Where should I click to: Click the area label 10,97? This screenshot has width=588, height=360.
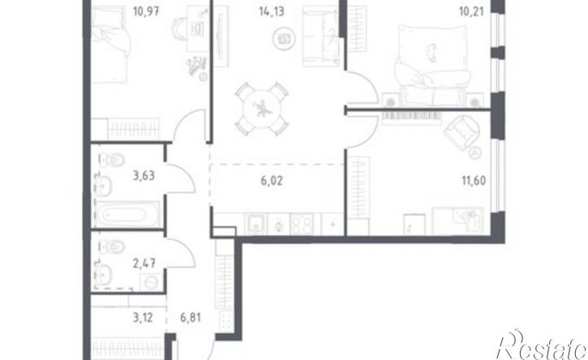click(146, 11)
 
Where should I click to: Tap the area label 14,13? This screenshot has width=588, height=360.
click(271, 11)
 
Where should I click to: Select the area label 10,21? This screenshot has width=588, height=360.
click(471, 11)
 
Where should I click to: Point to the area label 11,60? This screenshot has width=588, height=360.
click(474, 181)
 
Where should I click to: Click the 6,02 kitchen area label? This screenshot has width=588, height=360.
click(272, 181)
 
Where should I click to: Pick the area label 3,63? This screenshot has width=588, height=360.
click(144, 175)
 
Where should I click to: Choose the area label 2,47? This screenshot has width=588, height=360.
click(144, 264)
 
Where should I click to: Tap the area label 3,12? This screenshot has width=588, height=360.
click(143, 318)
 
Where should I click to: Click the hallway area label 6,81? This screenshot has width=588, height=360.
click(191, 318)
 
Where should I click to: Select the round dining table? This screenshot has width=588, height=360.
click(262, 109)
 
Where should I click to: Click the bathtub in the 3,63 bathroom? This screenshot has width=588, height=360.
click(127, 215)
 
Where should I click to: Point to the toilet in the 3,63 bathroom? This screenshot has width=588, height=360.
click(112, 160)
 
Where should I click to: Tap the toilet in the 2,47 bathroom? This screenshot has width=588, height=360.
click(112, 246)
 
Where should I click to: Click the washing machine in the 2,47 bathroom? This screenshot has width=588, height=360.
click(152, 282)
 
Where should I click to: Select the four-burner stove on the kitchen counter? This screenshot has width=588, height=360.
click(302, 225)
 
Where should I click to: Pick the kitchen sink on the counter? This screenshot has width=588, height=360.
click(255, 225)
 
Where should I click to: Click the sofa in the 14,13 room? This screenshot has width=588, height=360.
click(320, 36)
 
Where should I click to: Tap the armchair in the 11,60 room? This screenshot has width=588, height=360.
click(461, 132)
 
